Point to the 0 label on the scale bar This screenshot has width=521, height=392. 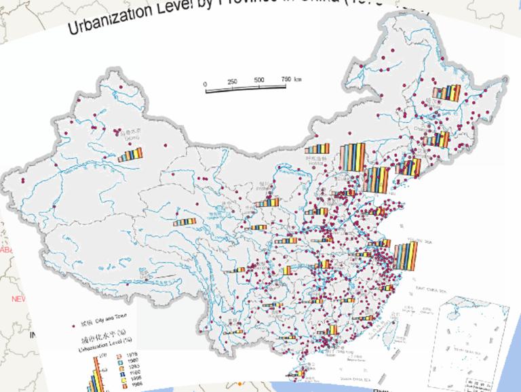205,84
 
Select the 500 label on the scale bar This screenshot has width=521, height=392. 259,80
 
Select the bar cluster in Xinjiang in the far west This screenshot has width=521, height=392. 131,155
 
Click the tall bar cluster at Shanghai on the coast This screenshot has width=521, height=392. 405,256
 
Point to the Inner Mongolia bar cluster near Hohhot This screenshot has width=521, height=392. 317,149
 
